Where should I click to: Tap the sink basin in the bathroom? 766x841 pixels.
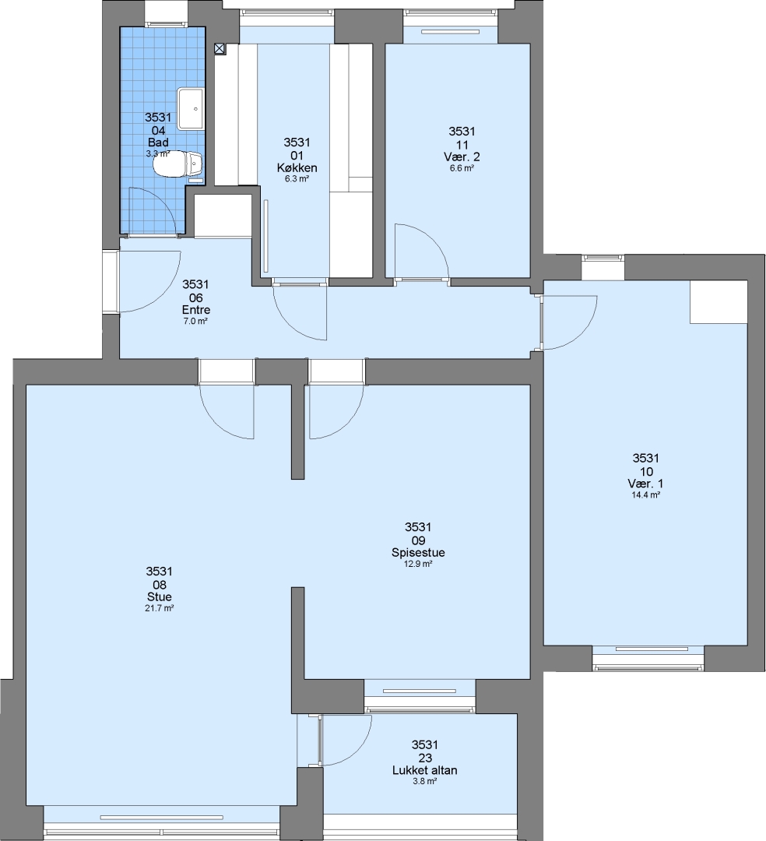click(191, 109)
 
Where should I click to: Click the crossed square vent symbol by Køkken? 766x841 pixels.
click(220, 49)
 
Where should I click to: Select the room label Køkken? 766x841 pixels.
click(297, 168)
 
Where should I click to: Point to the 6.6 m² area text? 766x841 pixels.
click(462, 168)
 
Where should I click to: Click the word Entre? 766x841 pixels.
click(196, 310)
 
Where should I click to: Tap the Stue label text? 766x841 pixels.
click(160, 597)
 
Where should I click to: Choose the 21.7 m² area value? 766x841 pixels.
click(160, 608)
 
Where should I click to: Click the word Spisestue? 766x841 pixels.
click(418, 552)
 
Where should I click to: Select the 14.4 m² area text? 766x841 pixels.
click(646, 495)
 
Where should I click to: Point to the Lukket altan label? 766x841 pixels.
click(425, 770)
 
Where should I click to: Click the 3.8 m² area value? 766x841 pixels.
click(425, 782)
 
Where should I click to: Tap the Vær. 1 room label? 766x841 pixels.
click(646, 484)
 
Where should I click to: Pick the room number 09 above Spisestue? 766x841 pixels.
click(418, 540)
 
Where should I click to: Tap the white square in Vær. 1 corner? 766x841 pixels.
click(719, 302)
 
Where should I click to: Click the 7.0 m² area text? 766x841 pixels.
click(195, 322)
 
